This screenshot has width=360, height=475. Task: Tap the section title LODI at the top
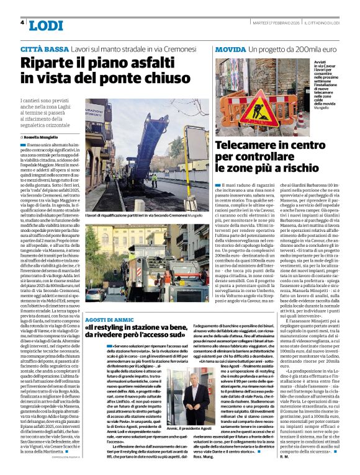click(x=46, y=25)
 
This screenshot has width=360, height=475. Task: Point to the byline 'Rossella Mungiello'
click(x=39, y=136)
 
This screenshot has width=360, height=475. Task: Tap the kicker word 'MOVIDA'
click(x=229, y=48)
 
